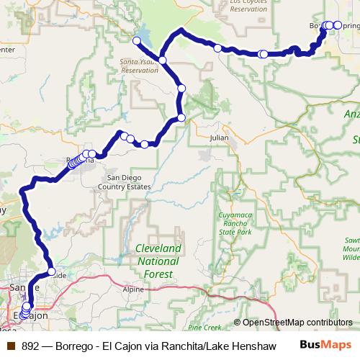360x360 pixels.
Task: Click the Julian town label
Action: [218, 137]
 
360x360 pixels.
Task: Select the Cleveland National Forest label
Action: [158, 261]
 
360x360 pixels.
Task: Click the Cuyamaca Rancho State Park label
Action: [235, 224]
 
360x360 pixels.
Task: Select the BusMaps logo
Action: [325, 346]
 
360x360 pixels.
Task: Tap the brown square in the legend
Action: [10, 346]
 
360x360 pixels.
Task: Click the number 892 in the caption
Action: [31, 346]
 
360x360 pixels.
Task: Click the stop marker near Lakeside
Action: [51, 271]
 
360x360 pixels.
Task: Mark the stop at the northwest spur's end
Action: [136, 40]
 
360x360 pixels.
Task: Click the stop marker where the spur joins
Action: [163, 60]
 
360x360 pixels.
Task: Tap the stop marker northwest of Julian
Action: [181, 117]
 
